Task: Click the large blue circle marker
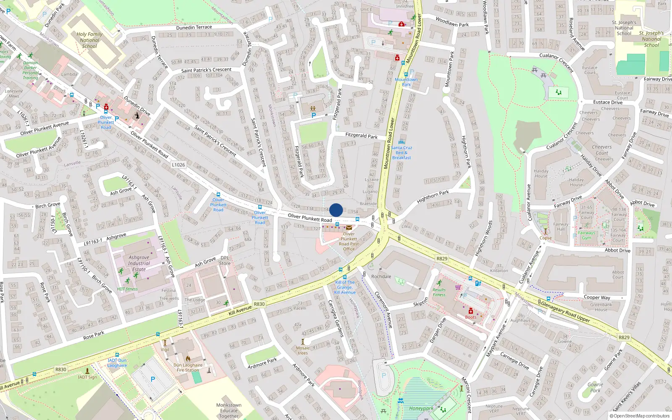[336, 210]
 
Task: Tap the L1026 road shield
[178, 165]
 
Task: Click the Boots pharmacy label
[470, 317]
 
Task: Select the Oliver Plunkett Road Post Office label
[349, 241]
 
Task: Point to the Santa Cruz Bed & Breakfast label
[402, 152]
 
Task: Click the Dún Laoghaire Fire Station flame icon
[188, 359]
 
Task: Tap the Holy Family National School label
[89, 40]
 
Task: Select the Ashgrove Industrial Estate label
[139, 263]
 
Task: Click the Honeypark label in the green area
[421, 408]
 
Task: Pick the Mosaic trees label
[303, 350]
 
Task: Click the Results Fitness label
[439, 292]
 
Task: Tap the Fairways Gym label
[586, 235]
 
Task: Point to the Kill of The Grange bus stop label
[345, 287]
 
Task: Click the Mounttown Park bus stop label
[406, 82]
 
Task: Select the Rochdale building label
[381, 276]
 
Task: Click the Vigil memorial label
[165, 349]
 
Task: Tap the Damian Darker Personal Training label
[30, 70]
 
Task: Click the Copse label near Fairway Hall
[546, 238]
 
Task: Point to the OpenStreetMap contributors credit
[640, 416]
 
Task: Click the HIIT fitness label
[127, 289]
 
